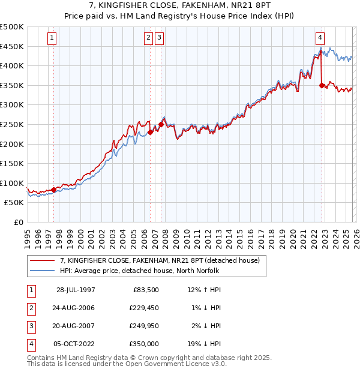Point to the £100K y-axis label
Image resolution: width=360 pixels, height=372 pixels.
click(12, 183)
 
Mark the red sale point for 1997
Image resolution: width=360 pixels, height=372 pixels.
click(54, 190)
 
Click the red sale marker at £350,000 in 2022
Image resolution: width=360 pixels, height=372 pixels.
click(322, 85)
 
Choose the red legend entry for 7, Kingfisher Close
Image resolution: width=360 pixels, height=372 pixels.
click(160, 260)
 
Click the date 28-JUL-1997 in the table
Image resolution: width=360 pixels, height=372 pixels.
click(76, 290)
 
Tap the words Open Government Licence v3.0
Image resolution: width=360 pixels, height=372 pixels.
click(175, 364)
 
